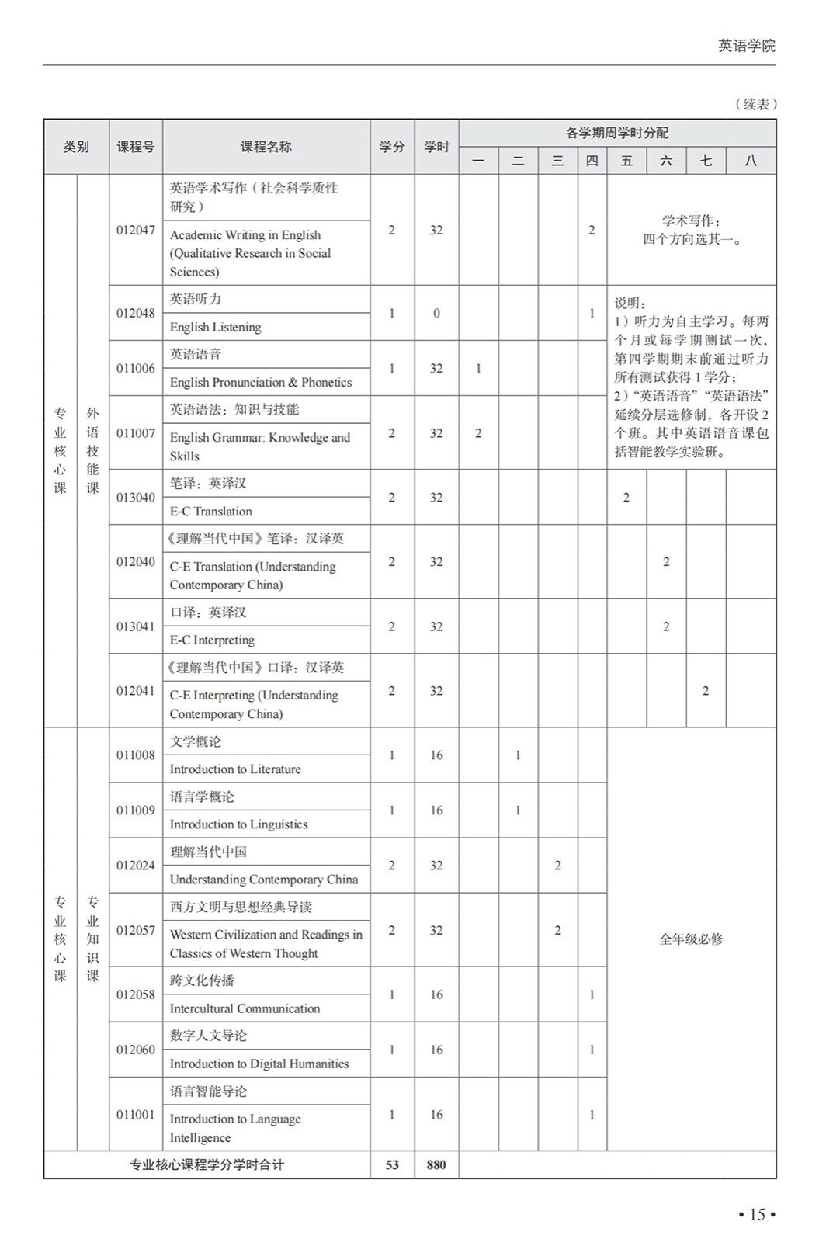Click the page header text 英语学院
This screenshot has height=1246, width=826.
[746, 46]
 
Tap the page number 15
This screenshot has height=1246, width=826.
[757, 1214]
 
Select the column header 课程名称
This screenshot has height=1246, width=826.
[265, 147]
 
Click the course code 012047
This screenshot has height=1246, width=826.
[136, 230]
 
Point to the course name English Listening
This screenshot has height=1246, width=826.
[215, 327]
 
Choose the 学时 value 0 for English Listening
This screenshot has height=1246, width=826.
[436, 313]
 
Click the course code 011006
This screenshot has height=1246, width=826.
[136, 368]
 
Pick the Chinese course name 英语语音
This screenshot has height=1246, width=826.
[196, 354]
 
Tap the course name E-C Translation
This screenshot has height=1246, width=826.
[210, 511]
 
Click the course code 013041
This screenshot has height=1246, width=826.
[136, 626]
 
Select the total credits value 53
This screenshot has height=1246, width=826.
[392, 1164]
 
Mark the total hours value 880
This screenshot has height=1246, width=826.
[436, 1164]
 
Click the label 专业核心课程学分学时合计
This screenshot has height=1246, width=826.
[206, 1164]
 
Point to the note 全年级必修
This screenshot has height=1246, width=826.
[691, 939]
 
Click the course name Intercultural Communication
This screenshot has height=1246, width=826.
[245, 1008]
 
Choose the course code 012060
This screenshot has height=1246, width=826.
[136, 1050]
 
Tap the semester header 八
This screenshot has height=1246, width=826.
[750, 161]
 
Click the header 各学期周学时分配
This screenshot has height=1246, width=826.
[616, 133]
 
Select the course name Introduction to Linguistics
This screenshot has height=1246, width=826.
[238, 824]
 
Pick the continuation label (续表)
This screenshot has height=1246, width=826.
[755, 104]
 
